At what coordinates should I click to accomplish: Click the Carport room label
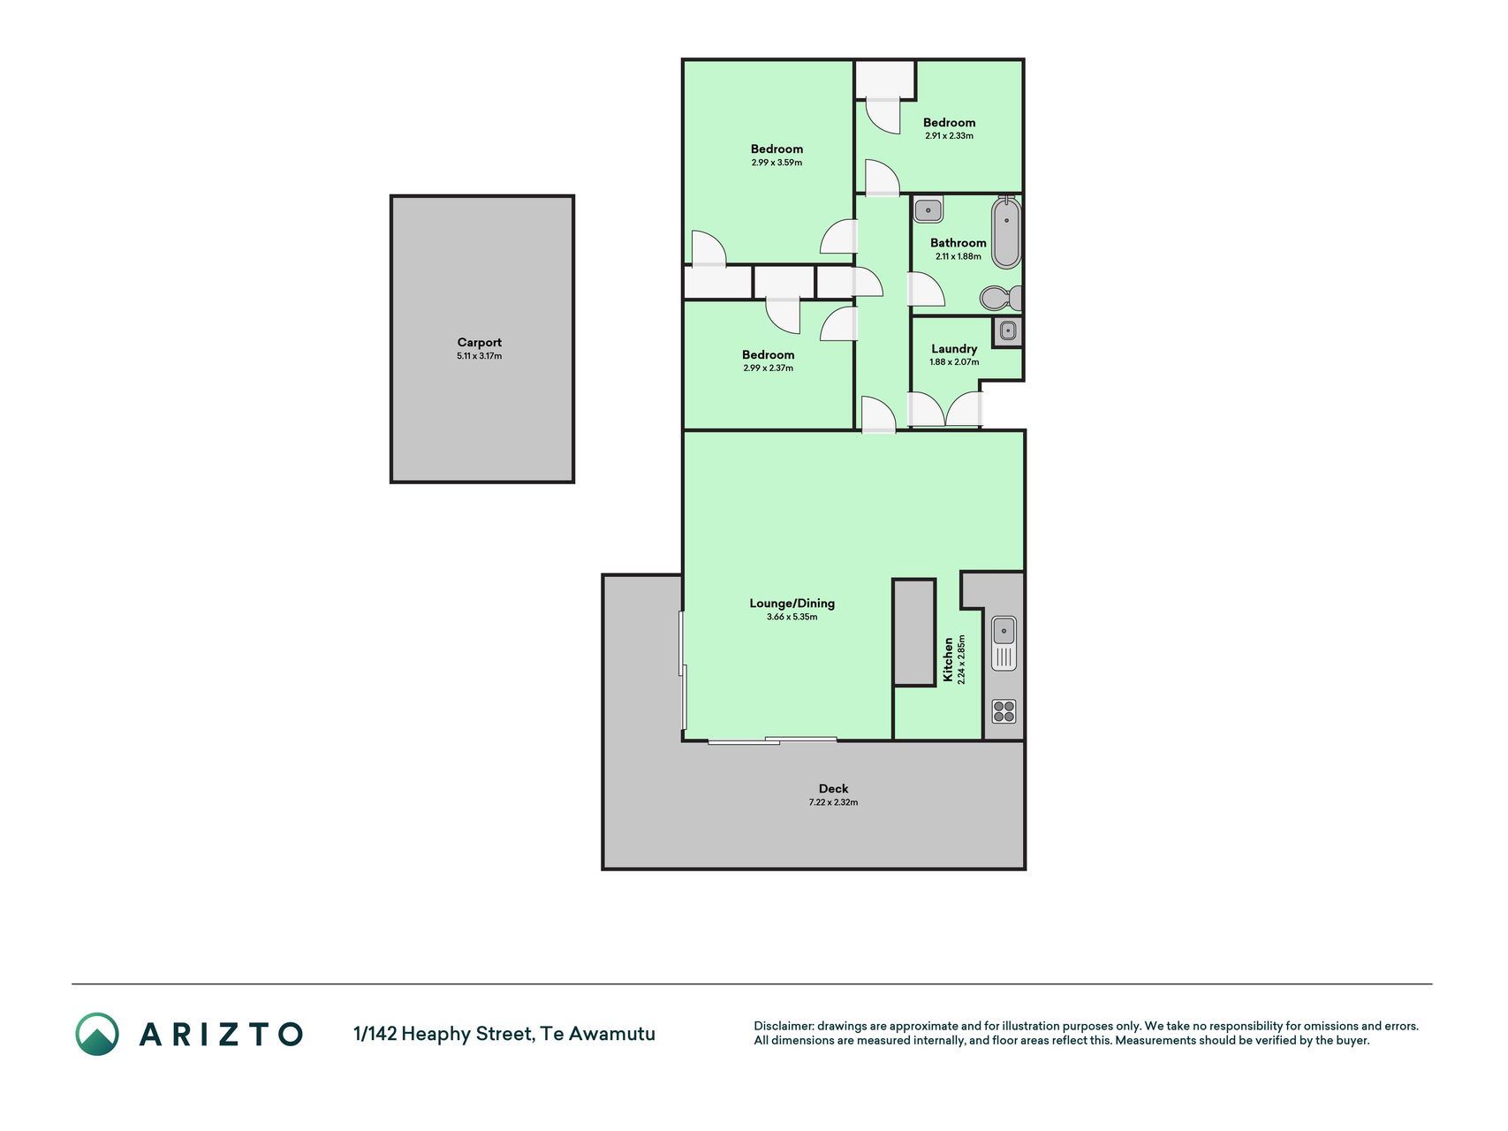tap(480, 342)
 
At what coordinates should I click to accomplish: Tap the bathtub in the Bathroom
tap(1006, 233)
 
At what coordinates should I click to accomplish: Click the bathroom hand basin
tap(928, 210)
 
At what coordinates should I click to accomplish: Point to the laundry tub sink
tap(1008, 331)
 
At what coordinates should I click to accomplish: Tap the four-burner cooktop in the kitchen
tap(1004, 711)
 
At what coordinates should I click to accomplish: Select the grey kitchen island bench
tap(914, 632)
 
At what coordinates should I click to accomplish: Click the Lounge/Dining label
tap(792, 603)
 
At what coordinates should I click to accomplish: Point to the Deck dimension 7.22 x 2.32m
tap(833, 802)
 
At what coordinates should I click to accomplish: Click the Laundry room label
tap(954, 349)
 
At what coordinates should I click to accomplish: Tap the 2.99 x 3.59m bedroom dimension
tap(777, 163)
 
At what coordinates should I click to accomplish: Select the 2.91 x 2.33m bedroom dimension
tap(949, 136)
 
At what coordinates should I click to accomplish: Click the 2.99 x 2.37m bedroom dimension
tap(768, 368)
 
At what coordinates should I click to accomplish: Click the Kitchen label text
tap(949, 659)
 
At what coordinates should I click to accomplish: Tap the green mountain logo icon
tap(97, 1034)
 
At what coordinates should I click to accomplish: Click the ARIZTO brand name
tap(221, 1035)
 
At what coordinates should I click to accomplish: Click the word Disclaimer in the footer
tap(783, 1026)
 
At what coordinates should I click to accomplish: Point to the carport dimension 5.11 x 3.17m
tap(480, 356)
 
